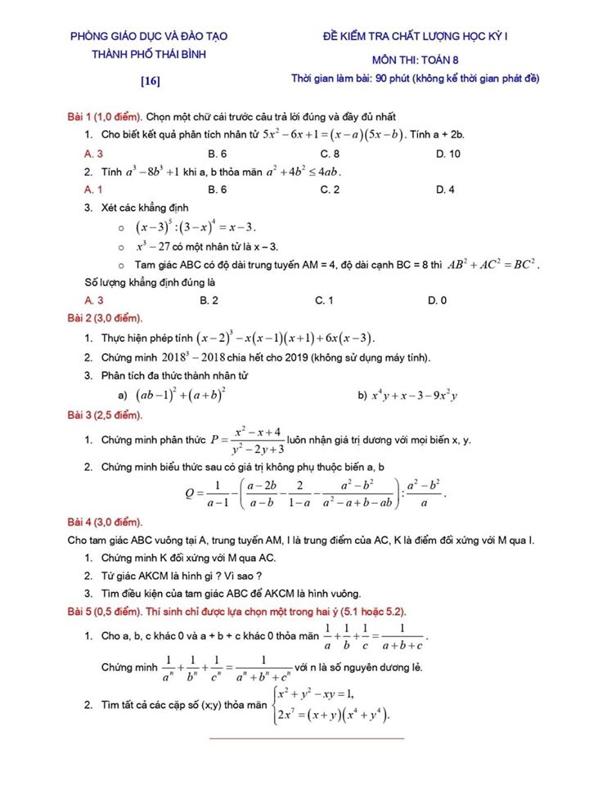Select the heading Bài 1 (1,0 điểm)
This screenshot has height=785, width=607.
(x=104, y=117)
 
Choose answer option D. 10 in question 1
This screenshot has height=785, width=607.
(x=448, y=153)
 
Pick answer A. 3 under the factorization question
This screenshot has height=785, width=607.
(x=94, y=153)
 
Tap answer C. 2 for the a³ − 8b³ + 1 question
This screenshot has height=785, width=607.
(x=330, y=189)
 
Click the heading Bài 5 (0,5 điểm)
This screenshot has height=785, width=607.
(x=104, y=611)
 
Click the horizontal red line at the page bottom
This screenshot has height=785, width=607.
(x=307, y=738)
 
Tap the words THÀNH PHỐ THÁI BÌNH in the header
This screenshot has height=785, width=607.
(x=149, y=54)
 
